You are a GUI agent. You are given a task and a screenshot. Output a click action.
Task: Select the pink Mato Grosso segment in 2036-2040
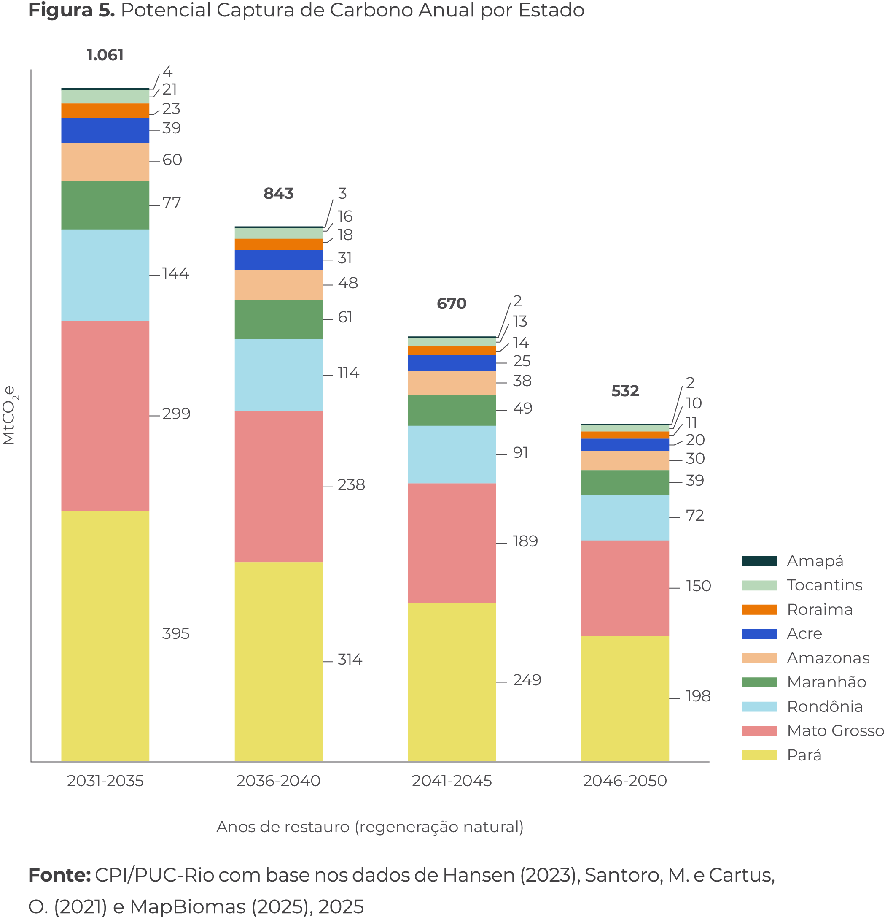coord(278,487)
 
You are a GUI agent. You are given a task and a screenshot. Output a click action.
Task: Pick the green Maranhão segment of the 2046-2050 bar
coord(624,482)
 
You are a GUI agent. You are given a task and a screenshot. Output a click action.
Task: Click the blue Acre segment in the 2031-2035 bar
coord(105,130)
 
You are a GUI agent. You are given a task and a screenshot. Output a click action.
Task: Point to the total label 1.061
coord(105,55)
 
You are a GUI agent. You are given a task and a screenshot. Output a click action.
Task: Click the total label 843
coord(278,193)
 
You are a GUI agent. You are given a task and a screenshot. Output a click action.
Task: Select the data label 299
coord(176,414)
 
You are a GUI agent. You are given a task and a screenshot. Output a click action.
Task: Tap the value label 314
coord(350,659)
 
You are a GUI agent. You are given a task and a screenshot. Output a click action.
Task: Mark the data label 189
coord(525,541)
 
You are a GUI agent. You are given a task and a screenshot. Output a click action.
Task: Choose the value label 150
coord(698,586)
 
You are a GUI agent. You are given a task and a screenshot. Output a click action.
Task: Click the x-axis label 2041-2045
coord(452,781)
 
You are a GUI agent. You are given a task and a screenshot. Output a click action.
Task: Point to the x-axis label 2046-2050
coord(624,781)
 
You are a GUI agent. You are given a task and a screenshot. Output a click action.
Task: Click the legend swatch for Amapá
coord(759,561)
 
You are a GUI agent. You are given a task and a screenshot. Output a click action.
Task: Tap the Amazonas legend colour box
coord(759,658)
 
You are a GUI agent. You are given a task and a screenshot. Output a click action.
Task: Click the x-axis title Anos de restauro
coord(369,827)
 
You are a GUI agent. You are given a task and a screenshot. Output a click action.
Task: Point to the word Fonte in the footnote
coord(59,875)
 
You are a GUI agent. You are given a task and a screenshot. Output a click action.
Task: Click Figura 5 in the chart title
coord(71,10)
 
